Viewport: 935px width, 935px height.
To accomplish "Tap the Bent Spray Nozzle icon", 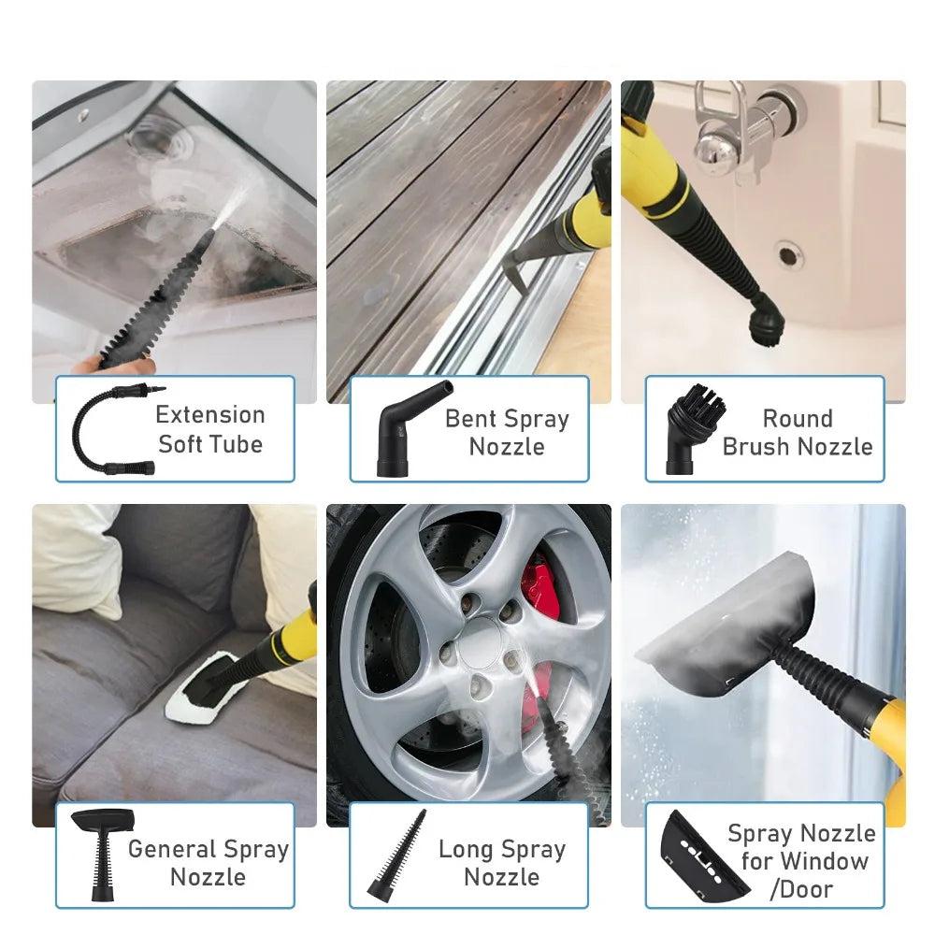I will click(400, 430).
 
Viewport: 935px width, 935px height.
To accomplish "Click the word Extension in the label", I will click(210, 414).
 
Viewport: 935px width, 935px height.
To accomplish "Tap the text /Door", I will click(800, 888).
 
